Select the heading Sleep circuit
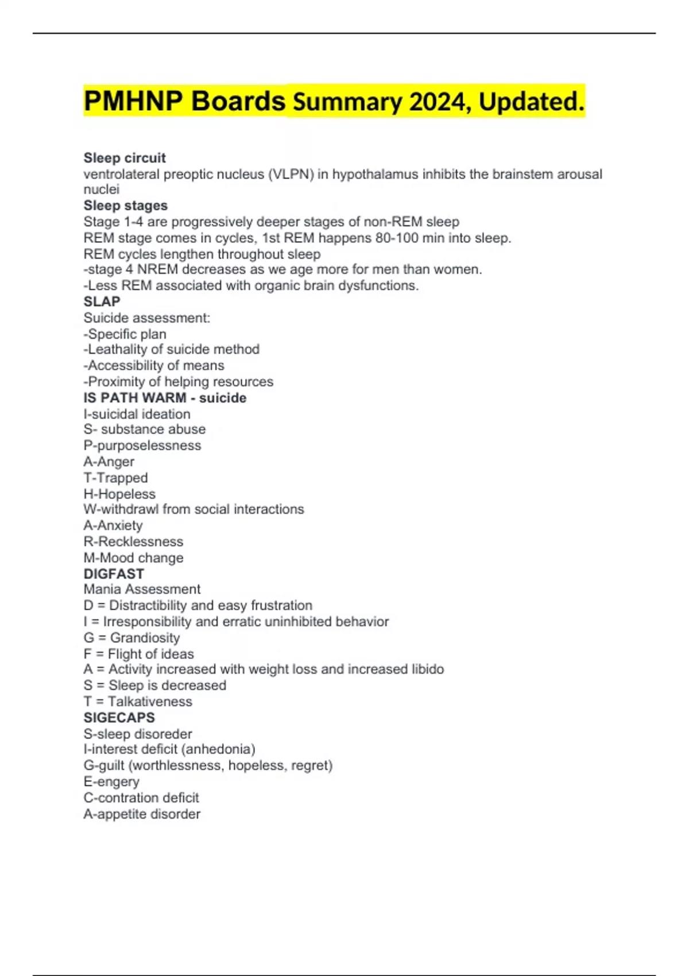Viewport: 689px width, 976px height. click(x=125, y=158)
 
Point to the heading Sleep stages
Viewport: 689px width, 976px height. click(x=125, y=206)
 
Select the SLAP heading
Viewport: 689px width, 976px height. click(x=102, y=301)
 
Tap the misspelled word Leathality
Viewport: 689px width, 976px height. click(x=118, y=349)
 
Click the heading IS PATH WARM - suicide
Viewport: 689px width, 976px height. click(x=165, y=398)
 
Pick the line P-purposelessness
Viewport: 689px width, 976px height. click(x=142, y=446)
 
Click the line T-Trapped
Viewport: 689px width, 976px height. click(x=115, y=478)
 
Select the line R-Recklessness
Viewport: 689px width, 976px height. click(x=133, y=541)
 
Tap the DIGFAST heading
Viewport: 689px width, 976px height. click(x=114, y=574)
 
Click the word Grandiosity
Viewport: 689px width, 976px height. click(x=145, y=637)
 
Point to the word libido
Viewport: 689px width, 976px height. click(x=427, y=669)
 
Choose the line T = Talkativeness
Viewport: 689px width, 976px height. click(x=138, y=701)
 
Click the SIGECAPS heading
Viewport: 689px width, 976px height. click(x=119, y=718)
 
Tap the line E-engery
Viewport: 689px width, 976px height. click(x=111, y=781)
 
